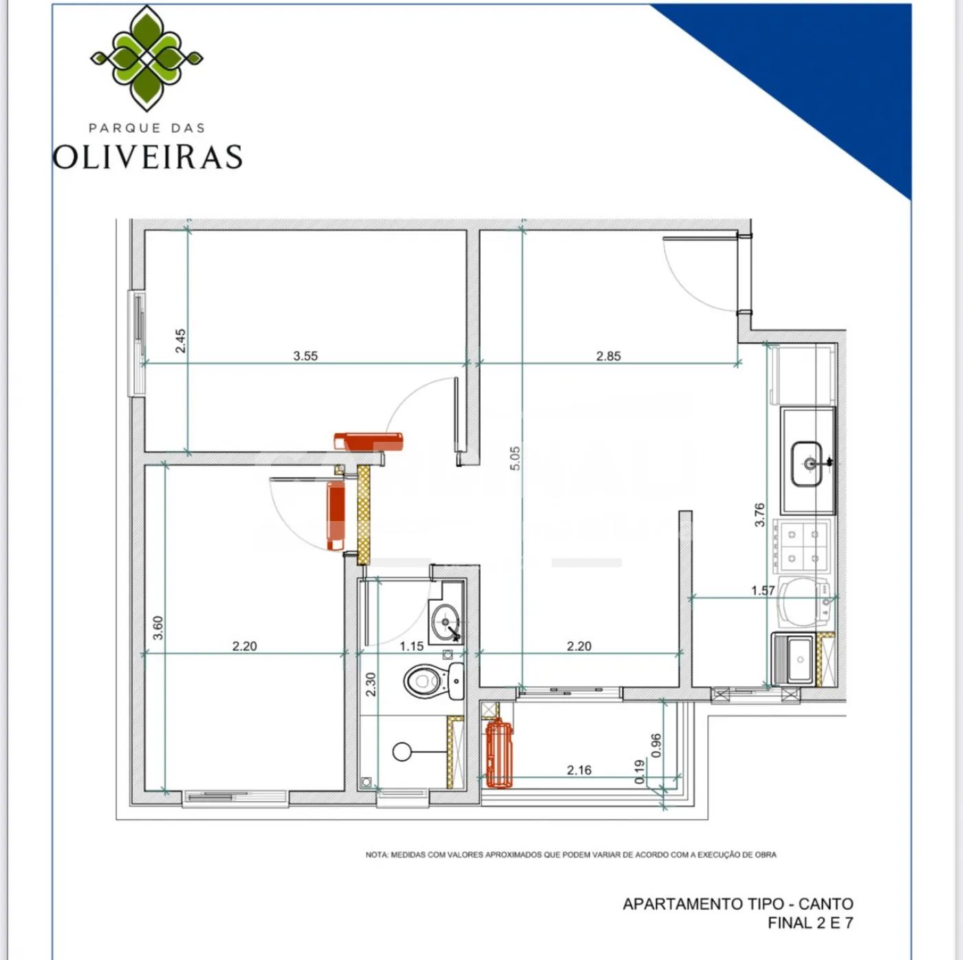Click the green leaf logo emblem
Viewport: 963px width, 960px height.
click(x=147, y=58)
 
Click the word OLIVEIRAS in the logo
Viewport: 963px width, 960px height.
click(x=147, y=156)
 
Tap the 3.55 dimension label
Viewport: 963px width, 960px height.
click(x=305, y=356)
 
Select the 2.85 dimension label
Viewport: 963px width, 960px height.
click(x=608, y=356)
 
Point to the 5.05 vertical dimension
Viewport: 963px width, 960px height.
click(x=515, y=458)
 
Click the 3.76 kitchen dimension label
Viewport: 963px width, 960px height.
click(x=759, y=515)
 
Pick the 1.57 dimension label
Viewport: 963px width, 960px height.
click(x=763, y=590)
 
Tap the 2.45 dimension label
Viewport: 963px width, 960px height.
click(x=180, y=341)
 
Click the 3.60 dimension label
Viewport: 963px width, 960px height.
click(x=158, y=628)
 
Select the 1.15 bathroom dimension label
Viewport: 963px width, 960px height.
click(x=411, y=646)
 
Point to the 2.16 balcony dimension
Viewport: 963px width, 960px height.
click(x=578, y=770)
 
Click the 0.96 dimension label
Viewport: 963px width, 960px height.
click(x=656, y=745)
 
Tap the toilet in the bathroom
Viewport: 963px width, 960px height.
click(x=434, y=681)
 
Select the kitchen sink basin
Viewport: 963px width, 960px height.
click(x=806, y=464)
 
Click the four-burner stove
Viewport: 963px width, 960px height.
click(x=802, y=546)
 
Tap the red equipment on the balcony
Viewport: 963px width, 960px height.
click(x=499, y=753)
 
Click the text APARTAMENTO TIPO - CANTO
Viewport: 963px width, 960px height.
click(x=737, y=904)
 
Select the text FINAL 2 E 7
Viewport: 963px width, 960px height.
click(x=810, y=923)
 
